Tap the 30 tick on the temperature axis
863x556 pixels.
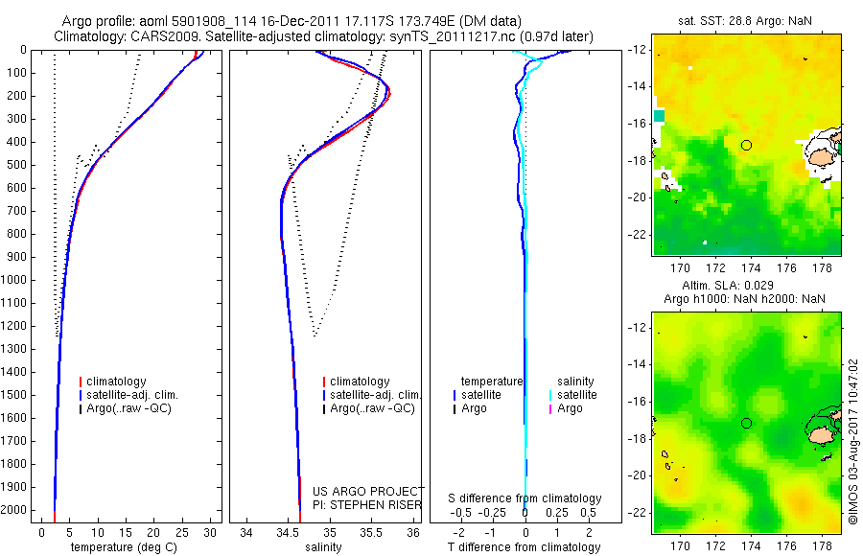pyautogui.click(x=210, y=531)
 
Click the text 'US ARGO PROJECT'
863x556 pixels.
pyautogui.click(x=368, y=491)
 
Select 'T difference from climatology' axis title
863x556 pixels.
pyautogui.click(x=525, y=547)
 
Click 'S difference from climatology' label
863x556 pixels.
pyautogui.click(x=525, y=498)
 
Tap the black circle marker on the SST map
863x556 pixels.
pyautogui.click(x=747, y=145)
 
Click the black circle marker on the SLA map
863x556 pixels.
pyautogui.click(x=747, y=423)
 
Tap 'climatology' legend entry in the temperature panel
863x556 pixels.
pyautogui.click(x=118, y=382)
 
